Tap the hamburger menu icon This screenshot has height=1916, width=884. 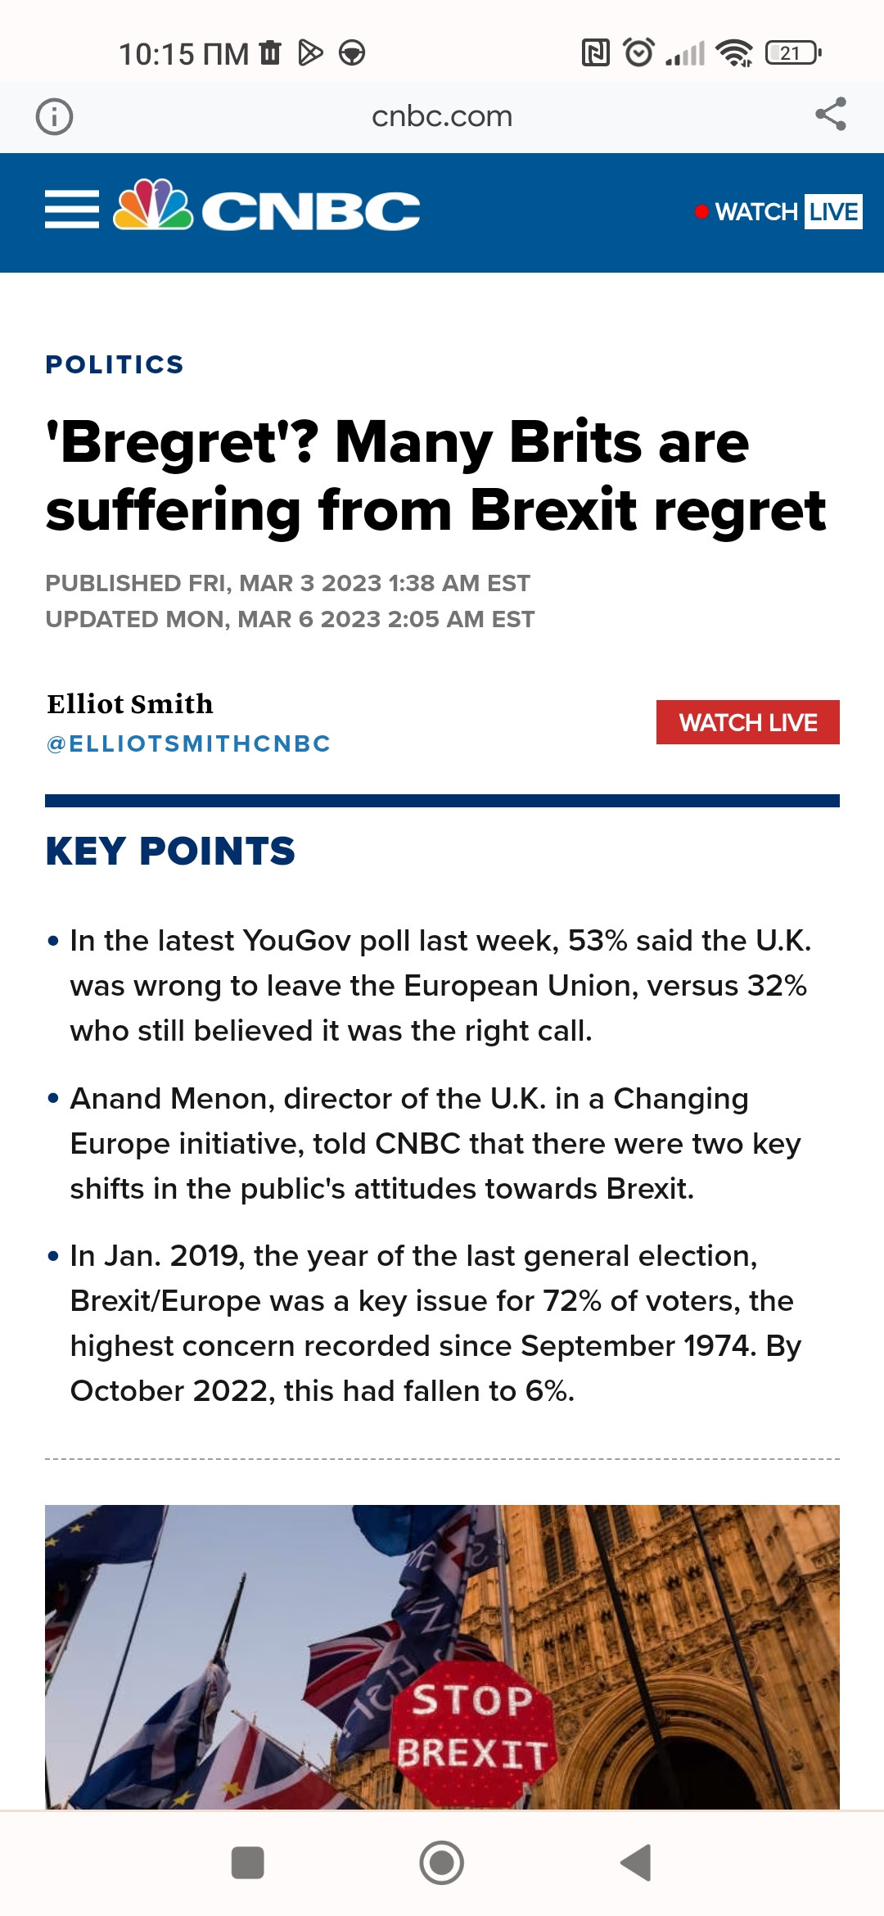point(72,210)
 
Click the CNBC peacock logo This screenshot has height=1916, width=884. point(153,206)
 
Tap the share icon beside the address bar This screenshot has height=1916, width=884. point(830,115)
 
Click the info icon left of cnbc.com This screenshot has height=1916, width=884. point(54,116)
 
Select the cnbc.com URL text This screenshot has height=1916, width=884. point(442,116)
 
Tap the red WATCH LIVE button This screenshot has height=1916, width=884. point(747,722)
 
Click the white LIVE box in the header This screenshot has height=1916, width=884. point(833,212)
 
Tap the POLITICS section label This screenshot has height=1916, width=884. point(115,364)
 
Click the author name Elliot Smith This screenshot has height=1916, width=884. point(130,703)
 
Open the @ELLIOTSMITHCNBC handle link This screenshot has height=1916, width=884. point(189,743)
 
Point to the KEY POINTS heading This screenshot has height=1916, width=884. point(170,851)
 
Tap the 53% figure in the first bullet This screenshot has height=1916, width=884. point(598,941)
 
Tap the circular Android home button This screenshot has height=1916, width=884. point(442,1863)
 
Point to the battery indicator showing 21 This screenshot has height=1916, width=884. point(792,53)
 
